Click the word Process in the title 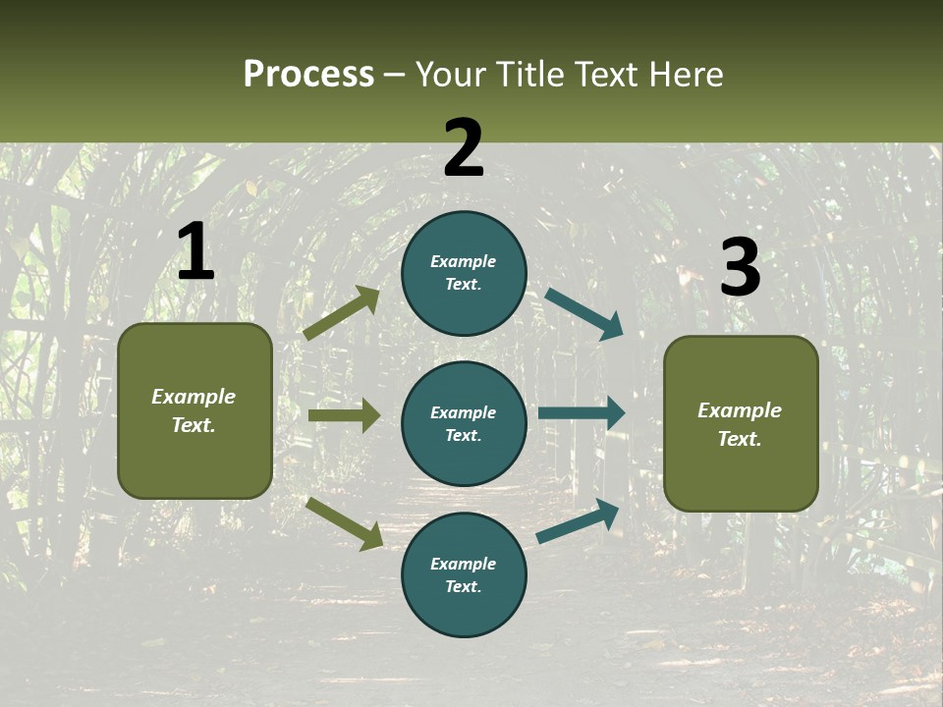[308, 75]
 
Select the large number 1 [195, 252]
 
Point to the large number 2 [464, 147]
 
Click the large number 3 [740, 267]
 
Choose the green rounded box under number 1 [194, 410]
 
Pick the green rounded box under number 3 [741, 424]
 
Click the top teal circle [464, 273]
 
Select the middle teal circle [464, 423]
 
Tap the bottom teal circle [464, 574]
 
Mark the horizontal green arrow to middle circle [344, 415]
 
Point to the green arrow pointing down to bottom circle [344, 523]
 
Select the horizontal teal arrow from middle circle [582, 412]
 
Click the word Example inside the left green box [194, 397]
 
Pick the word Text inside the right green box [739, 439]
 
